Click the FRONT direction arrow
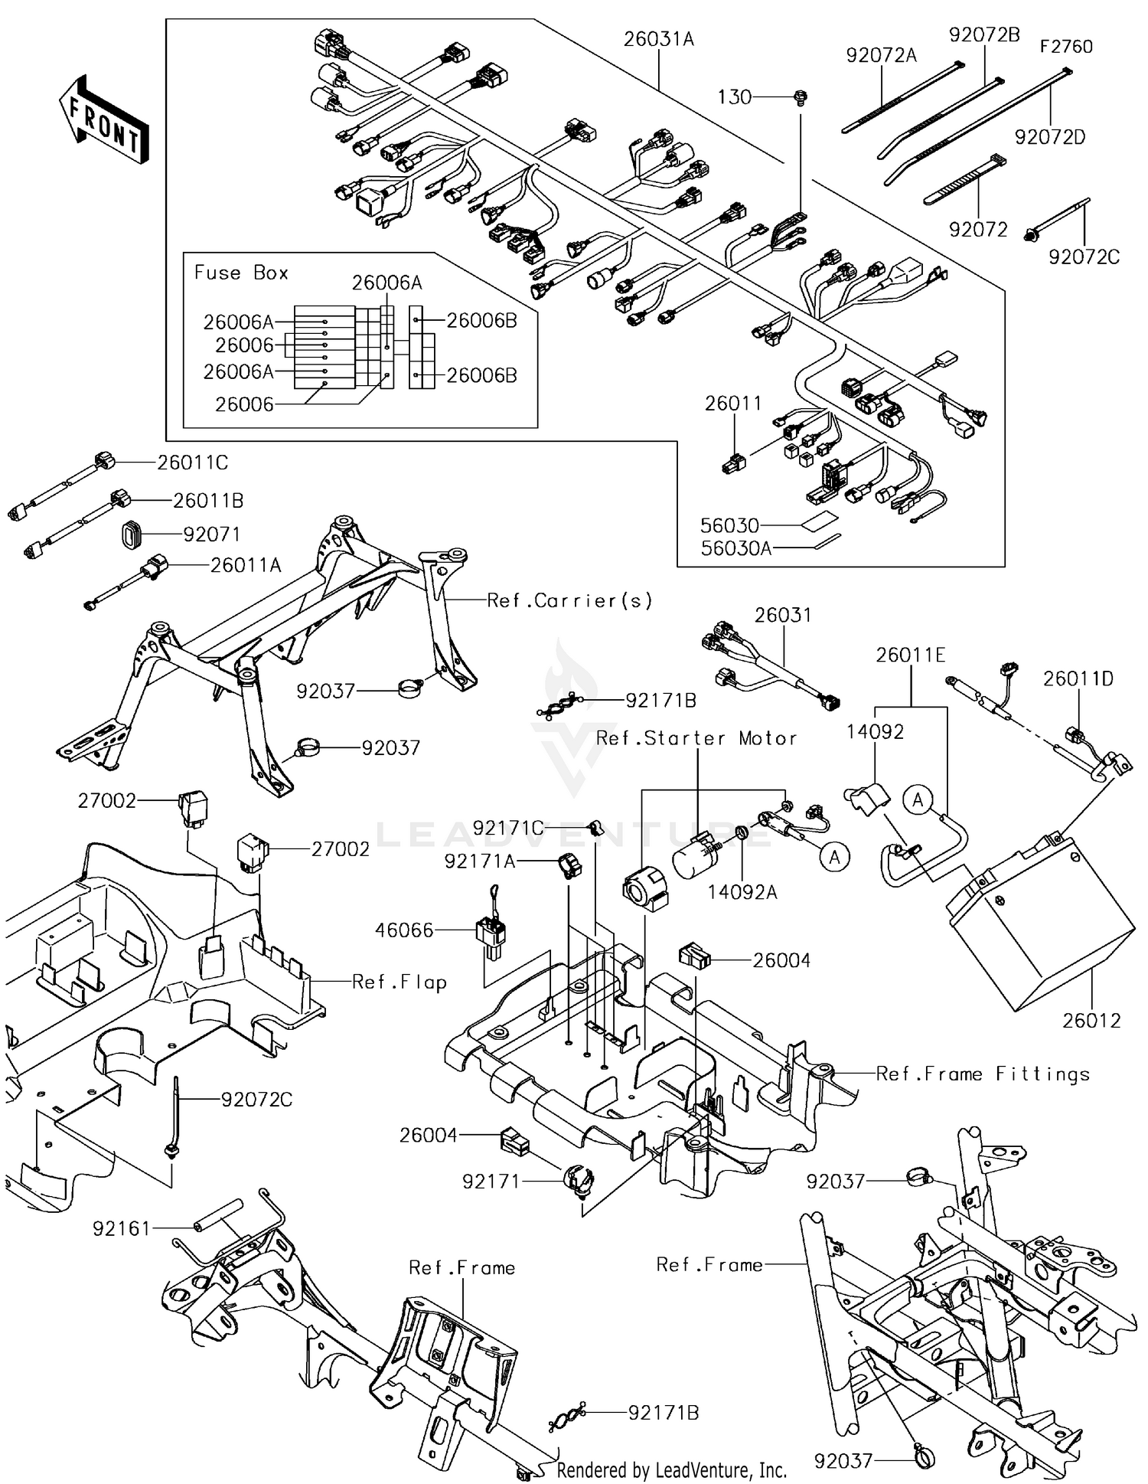[104, 119]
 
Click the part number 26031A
[658, 39]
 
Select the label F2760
[1065, 47]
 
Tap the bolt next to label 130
[801, 97]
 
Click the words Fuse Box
[241, 273]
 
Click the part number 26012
[1091, 1021]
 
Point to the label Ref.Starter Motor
[696, 738]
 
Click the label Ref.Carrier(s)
[570, 600]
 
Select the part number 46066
[404, 930]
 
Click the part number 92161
[122, 1228]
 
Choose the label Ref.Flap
[399, 982]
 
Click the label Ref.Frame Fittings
[983, 1074]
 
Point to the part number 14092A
[742, 892]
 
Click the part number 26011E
[911, 655]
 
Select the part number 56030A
[735, 548]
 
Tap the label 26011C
[192, 463]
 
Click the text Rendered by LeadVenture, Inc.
[671, 1470]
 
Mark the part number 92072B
[984, 35]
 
